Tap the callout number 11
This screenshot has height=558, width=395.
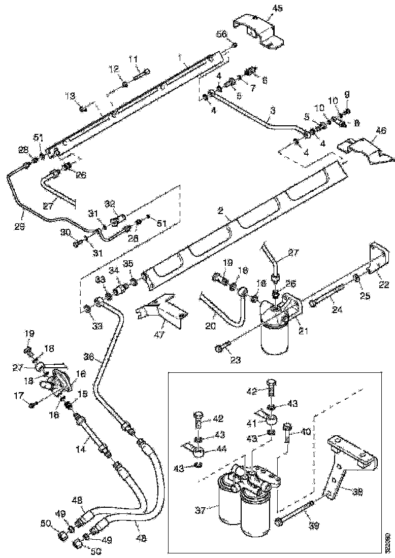click(133, 60)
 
